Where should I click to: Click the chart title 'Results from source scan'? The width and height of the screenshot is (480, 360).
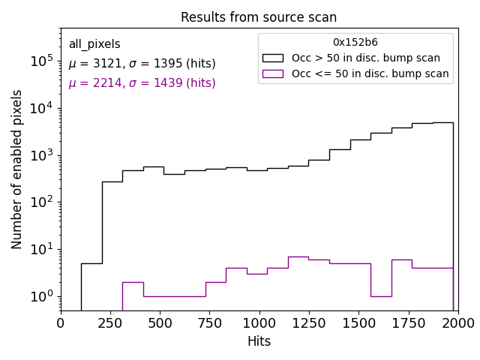[259, 17]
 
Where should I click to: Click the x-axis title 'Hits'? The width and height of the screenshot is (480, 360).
[259, 342]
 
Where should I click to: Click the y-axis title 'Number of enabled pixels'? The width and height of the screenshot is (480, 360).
[17, 169]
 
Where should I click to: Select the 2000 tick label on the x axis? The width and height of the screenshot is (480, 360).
[457, 323]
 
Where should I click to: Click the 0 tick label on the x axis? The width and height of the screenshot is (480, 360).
[61, 323]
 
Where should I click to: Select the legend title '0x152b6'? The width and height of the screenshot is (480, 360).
[355, 43]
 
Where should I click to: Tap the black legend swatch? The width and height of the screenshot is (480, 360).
[273, 58]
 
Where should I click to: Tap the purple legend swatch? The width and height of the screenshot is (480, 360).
[273, 73]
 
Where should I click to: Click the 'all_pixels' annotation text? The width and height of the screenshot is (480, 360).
[94, 45]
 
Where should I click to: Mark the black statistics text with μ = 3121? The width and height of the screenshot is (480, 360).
[142, 64]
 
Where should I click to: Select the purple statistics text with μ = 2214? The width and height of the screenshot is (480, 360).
[142, 83]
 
